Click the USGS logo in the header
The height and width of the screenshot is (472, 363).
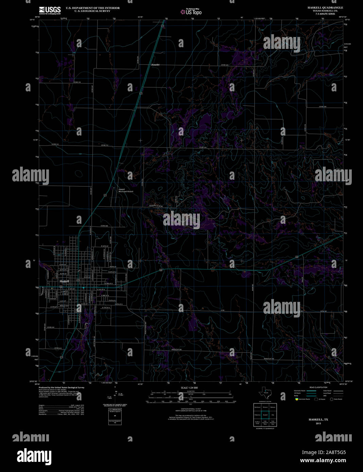tap(50, 10)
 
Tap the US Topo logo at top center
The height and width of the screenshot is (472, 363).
tap(191, 12)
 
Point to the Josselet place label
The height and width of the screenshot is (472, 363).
tap(155, 65)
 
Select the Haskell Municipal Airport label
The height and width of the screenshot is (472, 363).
tap(126, 190)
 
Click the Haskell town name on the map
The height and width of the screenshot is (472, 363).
tap(64, 282)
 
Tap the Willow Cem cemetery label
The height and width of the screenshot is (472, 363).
tap(64, 306)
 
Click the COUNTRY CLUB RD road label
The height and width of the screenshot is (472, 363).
tap(156, 206)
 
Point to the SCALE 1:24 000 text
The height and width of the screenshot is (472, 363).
tap(189, 387)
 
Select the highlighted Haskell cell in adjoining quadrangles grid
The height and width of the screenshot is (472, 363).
tap(265, 415)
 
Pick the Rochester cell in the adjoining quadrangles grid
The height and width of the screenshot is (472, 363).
tap(257, 407)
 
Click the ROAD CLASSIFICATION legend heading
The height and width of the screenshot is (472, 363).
tap(318, 387)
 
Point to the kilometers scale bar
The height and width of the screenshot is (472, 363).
tap(191, 392)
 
